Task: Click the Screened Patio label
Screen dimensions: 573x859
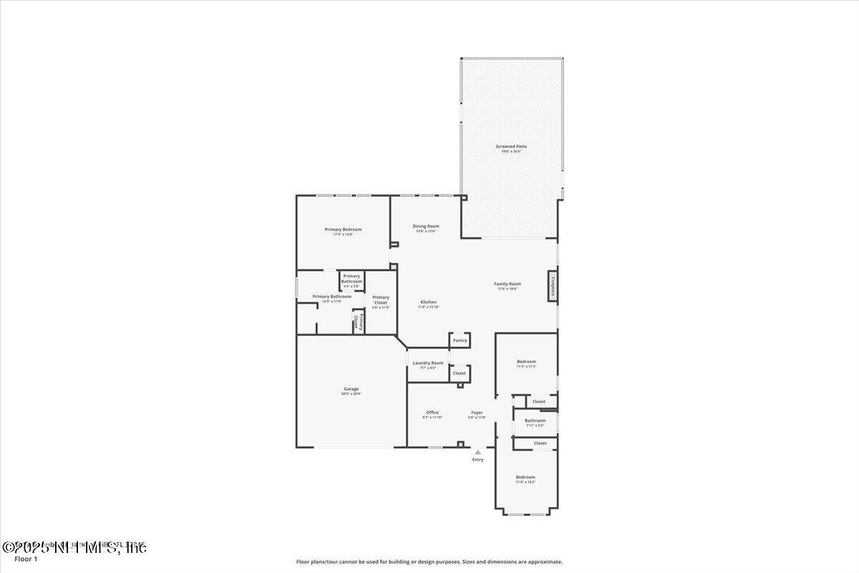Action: tap(511, 146)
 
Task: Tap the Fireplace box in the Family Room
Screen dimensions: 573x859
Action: tap(553, 282)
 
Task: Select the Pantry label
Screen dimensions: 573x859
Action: tap(460, 340)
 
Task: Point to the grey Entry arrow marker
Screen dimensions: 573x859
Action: tap(477, 452)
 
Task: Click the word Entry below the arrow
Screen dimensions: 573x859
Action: tap(477, 459)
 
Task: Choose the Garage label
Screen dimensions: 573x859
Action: tap(351, 389)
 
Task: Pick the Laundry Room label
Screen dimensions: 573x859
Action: tap(428, 363)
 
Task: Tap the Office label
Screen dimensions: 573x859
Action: tap(432, 413)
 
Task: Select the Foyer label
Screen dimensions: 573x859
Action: tap(477, 413)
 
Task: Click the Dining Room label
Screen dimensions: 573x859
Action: tap(426, 226)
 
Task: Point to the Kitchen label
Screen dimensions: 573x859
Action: tap(429, 302)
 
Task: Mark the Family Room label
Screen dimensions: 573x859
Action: tap(508, 284)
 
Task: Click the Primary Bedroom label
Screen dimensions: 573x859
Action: tap(343, 230)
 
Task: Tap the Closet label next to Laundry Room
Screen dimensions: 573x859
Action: tap(459, 372)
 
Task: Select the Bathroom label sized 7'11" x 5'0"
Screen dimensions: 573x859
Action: tap(535, 420)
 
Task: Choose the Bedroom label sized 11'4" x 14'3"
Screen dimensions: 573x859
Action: tap(525, 477)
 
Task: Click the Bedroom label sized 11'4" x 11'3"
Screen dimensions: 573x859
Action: tap(526, 362)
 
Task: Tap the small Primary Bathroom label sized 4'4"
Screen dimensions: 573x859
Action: tap(351, 279)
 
